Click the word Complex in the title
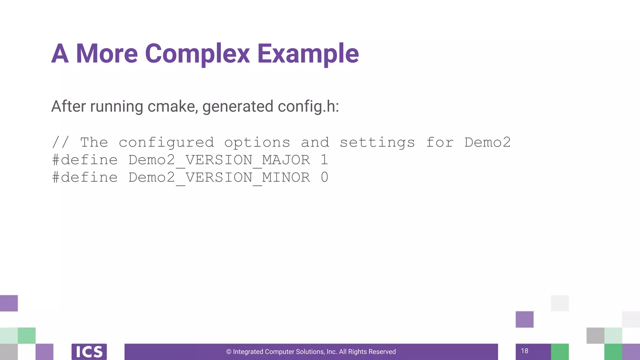coord(197,54)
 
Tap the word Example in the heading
coord(308,54)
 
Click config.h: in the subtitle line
coord(308,107)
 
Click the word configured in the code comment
coord(166,143)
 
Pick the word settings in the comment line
coord(377,143)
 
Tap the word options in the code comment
coord(257,143)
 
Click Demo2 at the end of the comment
coord(487,142)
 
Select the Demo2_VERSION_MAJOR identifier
coord(219,160)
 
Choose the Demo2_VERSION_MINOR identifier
coord(219,178)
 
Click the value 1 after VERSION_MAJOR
coord(324,160)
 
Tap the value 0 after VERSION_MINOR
coord(324,177)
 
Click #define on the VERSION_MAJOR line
coord(85,160)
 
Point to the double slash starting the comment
coord(61,142)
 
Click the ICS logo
coord(89,352)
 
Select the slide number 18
coord(525,351)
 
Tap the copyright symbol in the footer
coord(229,352)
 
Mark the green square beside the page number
coord(560,352)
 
